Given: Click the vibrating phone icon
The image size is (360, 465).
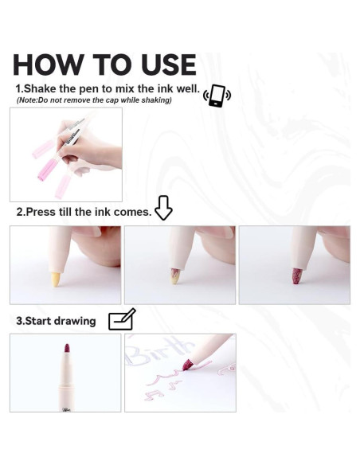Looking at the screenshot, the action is point(217,96).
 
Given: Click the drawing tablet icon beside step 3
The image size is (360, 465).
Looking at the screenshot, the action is point(122,319).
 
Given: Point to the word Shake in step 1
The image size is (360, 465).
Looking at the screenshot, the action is point(41,88).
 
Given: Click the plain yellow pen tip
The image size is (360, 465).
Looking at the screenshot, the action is point(56,279).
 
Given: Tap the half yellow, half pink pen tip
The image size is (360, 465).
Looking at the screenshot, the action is point(174,276).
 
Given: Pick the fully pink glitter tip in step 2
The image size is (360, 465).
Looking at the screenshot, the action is point(296,275).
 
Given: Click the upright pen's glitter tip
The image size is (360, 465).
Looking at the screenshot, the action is point(67,349).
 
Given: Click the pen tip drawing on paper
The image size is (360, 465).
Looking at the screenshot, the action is point(187,364).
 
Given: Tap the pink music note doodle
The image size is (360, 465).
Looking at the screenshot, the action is point(155,394).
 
